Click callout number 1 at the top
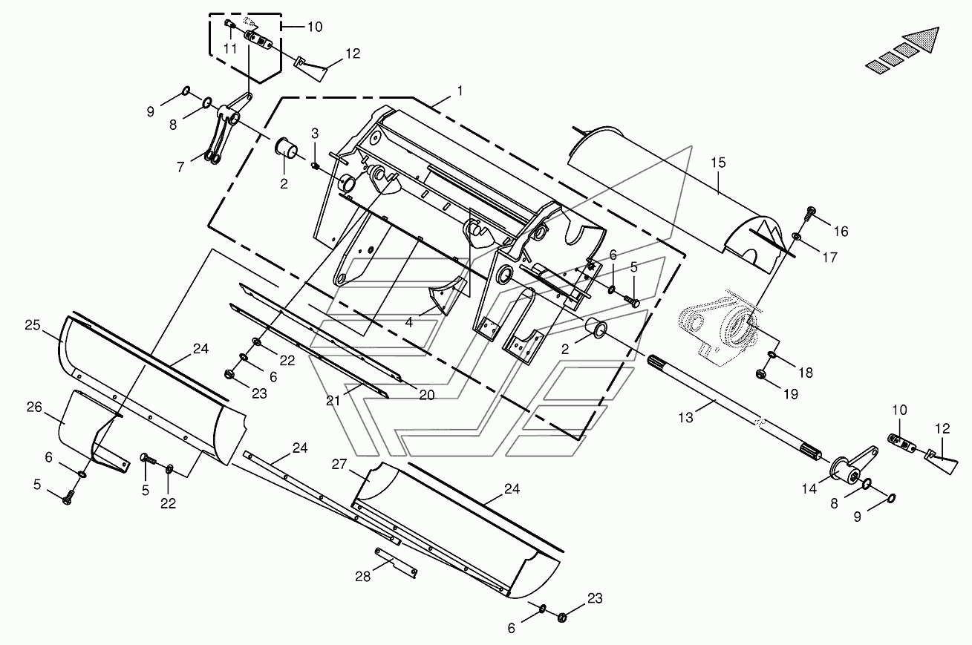(460, 91)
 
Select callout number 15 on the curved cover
(718, 163)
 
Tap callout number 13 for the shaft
(685, 418)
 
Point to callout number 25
(33, 325)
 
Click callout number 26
(34, 407)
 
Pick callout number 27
(339, 465)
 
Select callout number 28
(363, 577)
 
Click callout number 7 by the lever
(180, 167)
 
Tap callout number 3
(315, 133)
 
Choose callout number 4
(408, 322)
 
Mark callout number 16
(841, 232)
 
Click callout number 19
(791, 394)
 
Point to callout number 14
(809, 489)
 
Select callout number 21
(333, 401)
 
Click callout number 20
(427, 395)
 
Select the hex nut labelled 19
(760, 373)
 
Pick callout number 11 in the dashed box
(230, 49)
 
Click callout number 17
(829, 258)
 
